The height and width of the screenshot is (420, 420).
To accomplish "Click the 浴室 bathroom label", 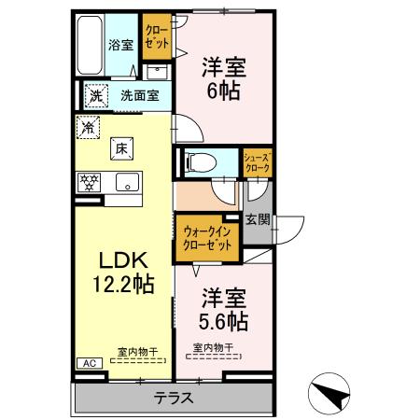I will (x=119, y=44).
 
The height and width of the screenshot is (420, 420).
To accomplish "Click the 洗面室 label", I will (x=138, y=95).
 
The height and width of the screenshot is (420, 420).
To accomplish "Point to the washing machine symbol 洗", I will (x=96, y=95).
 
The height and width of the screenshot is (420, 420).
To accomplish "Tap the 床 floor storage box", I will (x=122, y=146).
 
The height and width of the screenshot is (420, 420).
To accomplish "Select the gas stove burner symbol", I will (x=89, y=181).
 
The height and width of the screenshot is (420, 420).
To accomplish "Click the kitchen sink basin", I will (x=125, y=182).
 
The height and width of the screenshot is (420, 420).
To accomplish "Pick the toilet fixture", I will (x=199, y=162).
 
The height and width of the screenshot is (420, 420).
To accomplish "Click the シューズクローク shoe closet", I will (x=257, y=162).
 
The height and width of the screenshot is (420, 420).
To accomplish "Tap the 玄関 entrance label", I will (x=258, y=220).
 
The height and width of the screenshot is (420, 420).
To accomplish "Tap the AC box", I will (x=90, y=363).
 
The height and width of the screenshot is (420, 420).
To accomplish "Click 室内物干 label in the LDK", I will (x=136, y=351).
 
